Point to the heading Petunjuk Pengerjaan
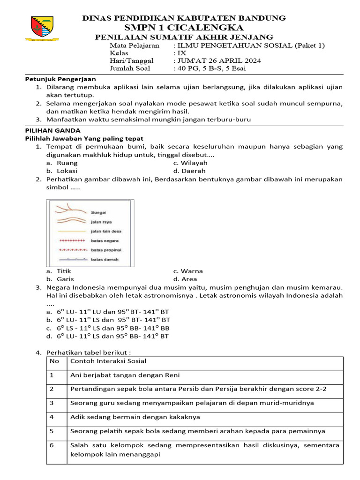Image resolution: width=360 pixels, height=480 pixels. point(60,79)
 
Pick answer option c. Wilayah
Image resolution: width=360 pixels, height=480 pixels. point(190,163)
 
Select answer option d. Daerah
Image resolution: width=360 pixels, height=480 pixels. point(189,171)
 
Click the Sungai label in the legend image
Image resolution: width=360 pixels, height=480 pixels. point(98,212)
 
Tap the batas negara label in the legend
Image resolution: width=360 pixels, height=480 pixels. point(105,240)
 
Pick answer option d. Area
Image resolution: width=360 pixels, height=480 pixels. point(186,279)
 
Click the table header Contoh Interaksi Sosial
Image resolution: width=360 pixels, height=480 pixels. point(108,361)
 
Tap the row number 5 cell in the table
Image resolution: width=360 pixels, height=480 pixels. point(52,431)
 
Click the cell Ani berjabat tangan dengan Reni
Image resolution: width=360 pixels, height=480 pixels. point(125,375)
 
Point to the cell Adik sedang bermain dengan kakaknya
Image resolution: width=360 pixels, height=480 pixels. point(135,417)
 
